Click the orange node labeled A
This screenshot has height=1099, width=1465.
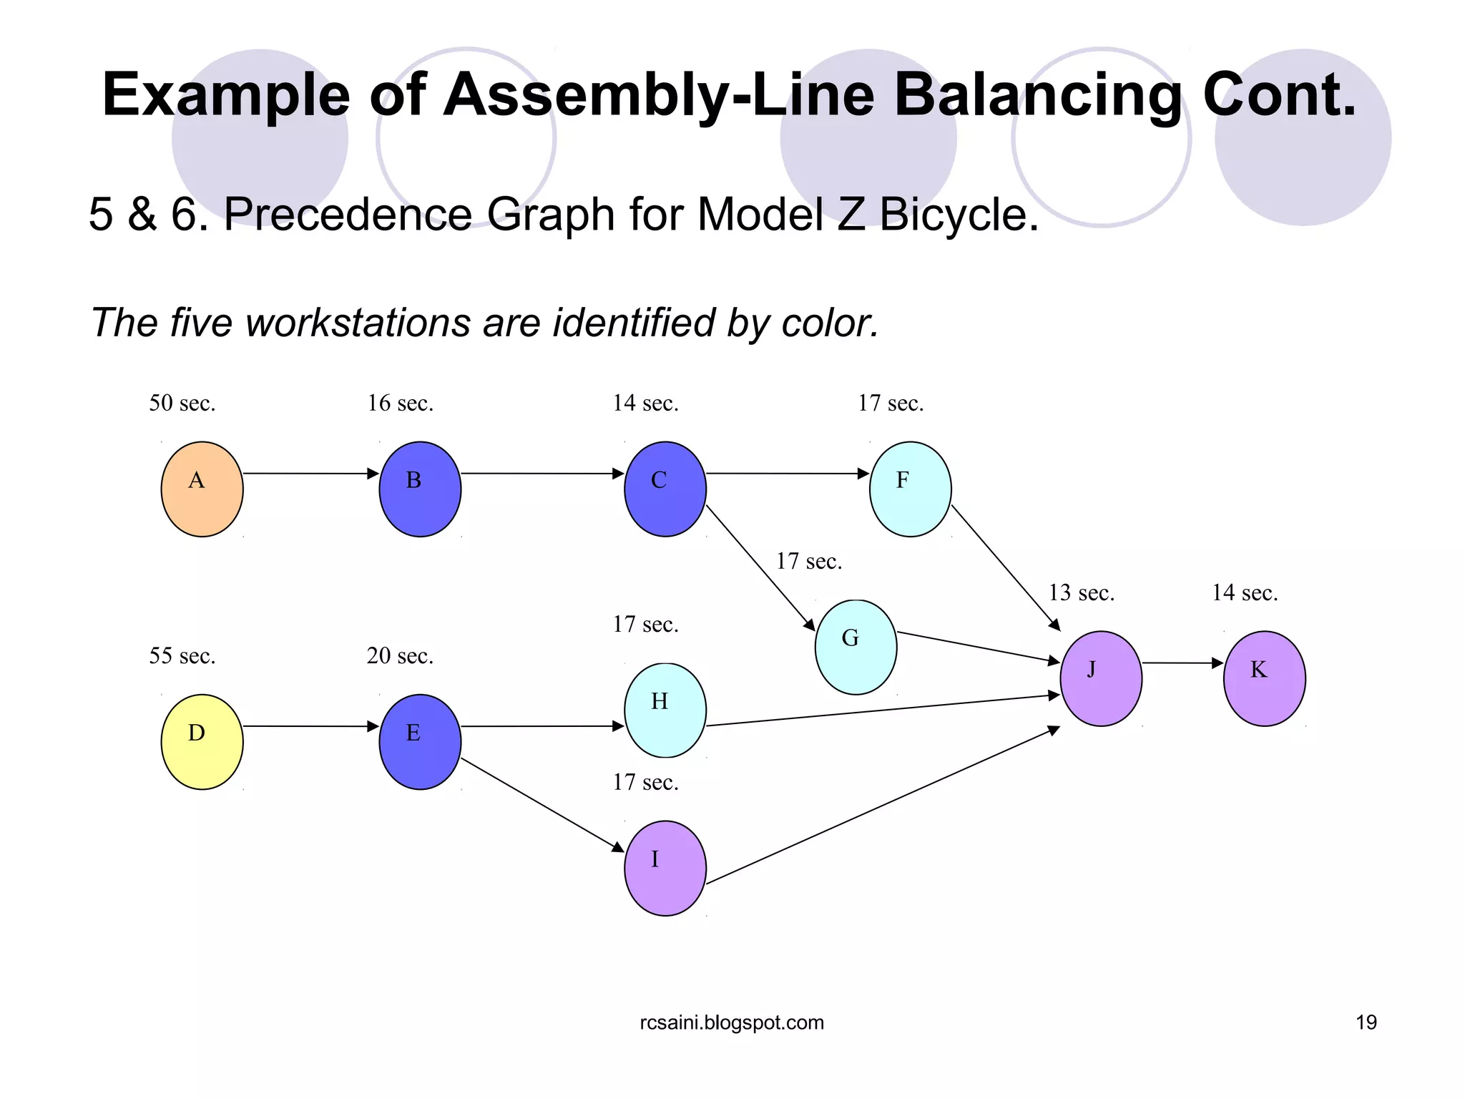click(202, 489)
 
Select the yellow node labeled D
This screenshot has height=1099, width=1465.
click(202, 741)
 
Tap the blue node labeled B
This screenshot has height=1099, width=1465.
click(420, 489)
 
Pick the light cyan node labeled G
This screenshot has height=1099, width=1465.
click(856, 647)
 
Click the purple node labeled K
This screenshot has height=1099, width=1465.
click(1264, 678)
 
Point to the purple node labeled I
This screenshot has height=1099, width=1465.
click(665, 868)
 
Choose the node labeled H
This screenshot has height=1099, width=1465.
click(665, 710)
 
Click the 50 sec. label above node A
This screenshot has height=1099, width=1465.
click(182, 404)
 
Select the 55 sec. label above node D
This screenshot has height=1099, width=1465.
click(182, 656)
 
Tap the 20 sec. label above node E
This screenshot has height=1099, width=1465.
click(400, 656)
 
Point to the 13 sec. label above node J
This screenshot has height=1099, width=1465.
click(1081, 593)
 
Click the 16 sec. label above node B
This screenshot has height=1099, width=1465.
click(400, 404)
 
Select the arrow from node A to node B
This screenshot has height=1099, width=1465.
click(310, 473)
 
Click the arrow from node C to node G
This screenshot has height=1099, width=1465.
click(760, 567)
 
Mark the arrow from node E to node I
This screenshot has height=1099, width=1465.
click(542, 804)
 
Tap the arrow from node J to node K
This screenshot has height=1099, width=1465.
click(1182, 663)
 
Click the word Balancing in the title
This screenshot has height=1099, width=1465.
click(1037, 95)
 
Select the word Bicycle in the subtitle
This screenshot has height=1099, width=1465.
click(959, 214)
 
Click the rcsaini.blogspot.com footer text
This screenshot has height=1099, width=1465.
click(731, 1022)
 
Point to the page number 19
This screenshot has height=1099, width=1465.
click(1366, 1022)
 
